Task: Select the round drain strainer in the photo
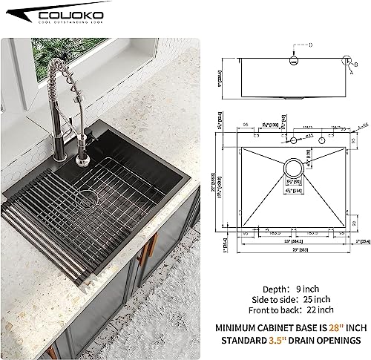point(89,198)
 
